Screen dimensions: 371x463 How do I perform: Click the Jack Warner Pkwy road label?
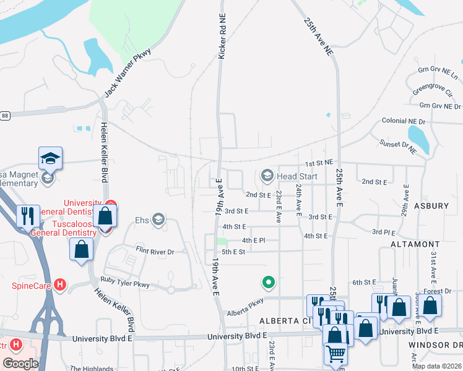(128, 72)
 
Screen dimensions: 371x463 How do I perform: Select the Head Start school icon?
(267, 176)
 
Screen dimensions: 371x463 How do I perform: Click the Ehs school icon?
(158, 220)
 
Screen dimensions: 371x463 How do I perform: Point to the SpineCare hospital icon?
(60, 285)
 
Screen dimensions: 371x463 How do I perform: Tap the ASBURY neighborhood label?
(431, 206)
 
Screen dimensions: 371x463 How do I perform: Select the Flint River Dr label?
(155, 252)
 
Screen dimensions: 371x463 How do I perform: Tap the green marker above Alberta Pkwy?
(268, 283)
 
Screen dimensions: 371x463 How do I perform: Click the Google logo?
(20, 364)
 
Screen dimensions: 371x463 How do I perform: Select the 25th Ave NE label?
(318, 37)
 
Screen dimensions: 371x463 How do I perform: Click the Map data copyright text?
(436, 366)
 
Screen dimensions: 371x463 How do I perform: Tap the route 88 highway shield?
(4, 115)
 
